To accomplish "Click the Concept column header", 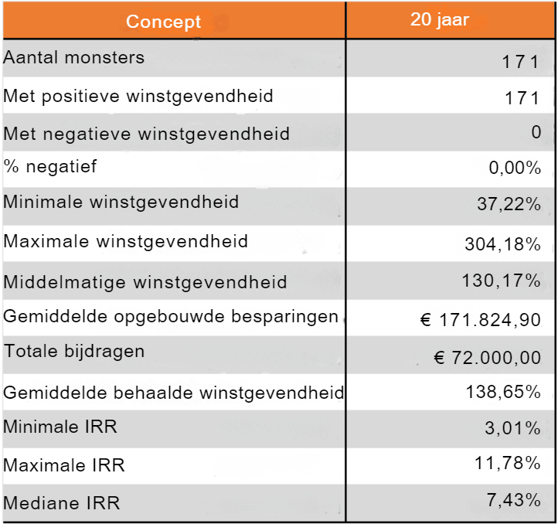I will pyautogui.click(x=163, y=22).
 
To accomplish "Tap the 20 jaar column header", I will pyautogui.click(x=439, y=20).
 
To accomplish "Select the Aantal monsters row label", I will pyautogui.click(x=74, y=58).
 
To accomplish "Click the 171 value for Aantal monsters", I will pyautogui.click(x=519, y=62).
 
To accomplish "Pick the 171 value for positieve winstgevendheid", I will pyautogui.click(x=519, y=98).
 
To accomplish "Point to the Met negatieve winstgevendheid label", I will pyautogui.click(x=147, y=134).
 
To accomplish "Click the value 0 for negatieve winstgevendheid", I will pyautogui.click(x=536, y=132).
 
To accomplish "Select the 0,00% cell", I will pyautogui.click(x=515, y=168).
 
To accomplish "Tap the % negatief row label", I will pyautogui.click(x=50, y=166).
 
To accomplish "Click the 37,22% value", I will pyautogui.click(x=509, y=205).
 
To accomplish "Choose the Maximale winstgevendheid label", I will pyautogui.click(x=126, y=241).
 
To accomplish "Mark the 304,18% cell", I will pyautogui.click(x=503, y=244).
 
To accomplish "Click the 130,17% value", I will pyautogui.click(x=502, y=281).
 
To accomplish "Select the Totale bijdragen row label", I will pyautogui.click(x=74, y=352).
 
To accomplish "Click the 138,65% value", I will pyautogui.click(x=503, y=392).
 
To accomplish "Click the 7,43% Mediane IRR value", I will pyautogui.click(x=514, y=500).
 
